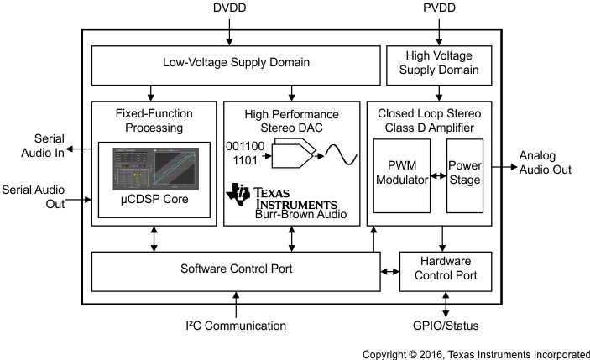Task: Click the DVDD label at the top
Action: coord(229,9)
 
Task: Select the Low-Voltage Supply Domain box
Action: coord(234,64)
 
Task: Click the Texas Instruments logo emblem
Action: coord(239,193)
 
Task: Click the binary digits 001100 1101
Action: coord(245,153)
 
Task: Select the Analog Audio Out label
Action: coord(545,163)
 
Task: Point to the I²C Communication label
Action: coord(236,326)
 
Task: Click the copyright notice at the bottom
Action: coord(475,354)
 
